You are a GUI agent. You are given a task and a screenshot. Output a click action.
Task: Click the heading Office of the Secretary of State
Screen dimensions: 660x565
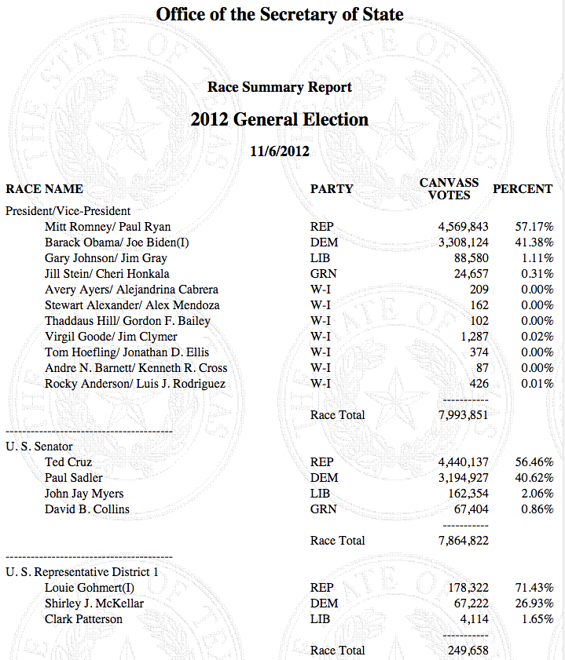279,14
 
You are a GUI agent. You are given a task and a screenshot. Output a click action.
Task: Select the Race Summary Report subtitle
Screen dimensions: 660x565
279,87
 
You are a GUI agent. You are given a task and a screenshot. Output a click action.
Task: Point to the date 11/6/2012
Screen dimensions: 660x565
279,151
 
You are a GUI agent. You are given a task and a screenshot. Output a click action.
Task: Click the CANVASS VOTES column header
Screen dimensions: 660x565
449,188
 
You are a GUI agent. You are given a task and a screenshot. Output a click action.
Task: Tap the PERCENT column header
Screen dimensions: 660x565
523,189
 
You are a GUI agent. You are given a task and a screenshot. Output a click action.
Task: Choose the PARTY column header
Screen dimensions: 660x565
332,189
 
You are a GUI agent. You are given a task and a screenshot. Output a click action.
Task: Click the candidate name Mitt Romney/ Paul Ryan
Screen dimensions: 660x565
108,227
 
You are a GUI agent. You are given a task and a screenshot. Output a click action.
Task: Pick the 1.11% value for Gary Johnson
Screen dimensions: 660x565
539,258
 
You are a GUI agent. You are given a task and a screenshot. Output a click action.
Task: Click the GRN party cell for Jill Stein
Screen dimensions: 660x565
323,274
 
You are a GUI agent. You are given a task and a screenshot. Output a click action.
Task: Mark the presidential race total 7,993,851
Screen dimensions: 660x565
463,415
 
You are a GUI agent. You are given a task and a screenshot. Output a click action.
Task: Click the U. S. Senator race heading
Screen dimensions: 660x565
40,447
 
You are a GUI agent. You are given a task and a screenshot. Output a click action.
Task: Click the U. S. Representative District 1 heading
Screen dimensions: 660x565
82,572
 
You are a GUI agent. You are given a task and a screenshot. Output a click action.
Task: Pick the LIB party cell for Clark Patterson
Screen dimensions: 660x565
322,619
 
